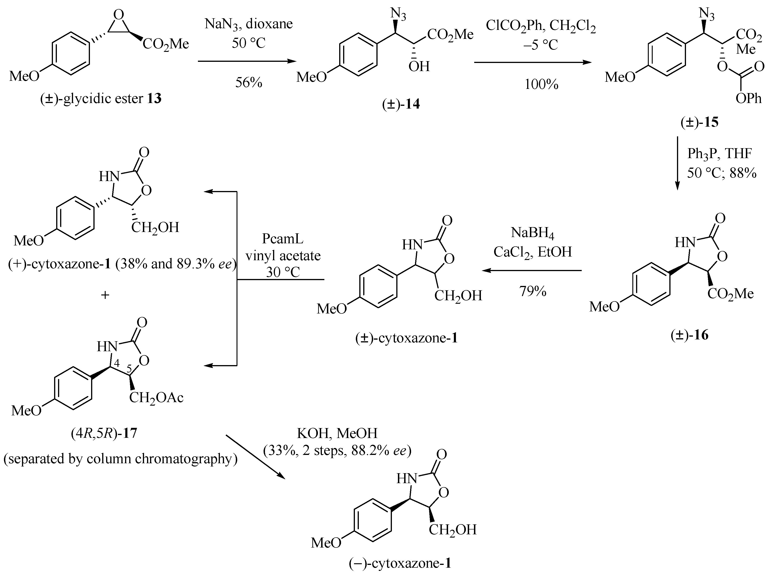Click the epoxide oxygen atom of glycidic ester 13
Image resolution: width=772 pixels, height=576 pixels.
tap(119, 15)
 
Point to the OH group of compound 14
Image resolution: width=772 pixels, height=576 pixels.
tap(419, 66)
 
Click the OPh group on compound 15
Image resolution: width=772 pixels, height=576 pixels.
tap(748, 99)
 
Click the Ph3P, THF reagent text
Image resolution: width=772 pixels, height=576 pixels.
tap(720, 153)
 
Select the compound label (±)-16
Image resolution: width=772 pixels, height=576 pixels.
tap(689, 335)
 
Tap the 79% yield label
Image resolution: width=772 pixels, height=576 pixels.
tap(533, 291)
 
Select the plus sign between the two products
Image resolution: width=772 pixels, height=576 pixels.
tap(105, 295)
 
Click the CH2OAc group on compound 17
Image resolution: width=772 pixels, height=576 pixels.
tap(156, 398)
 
